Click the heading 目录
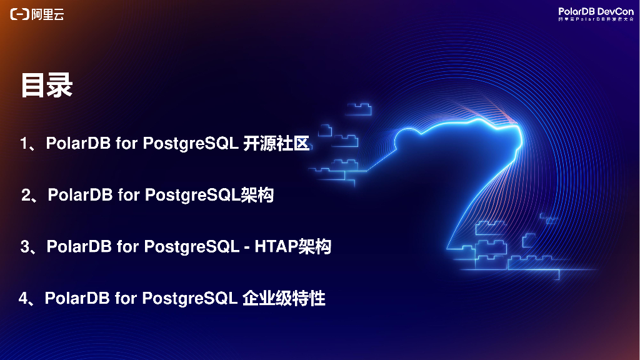point(47,86)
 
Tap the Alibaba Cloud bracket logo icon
point(19,14)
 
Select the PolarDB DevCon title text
point(596,11)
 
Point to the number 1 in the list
point(24,144)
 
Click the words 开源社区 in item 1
point(276,144)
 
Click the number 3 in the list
point(25,247)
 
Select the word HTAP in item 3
point(274,247)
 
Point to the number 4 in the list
point(23,299)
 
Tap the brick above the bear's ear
point(359,109)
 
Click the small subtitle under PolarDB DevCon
point(596,19)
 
